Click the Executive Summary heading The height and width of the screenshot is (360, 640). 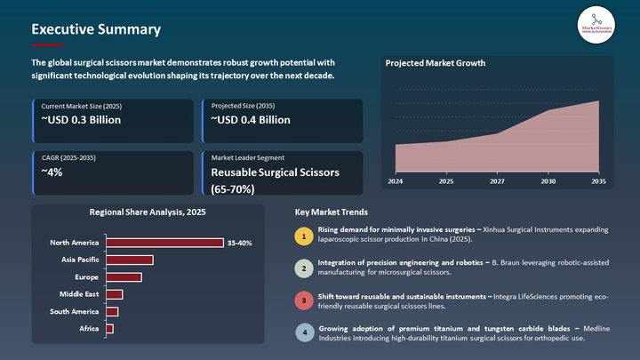[96, 29]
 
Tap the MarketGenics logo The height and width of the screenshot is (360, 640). [596, 22]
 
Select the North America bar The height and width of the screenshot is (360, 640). [164, 243]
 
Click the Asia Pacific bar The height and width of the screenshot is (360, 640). [129, 260]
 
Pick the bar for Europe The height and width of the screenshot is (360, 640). [124, 277]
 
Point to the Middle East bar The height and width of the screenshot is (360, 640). [114, 294]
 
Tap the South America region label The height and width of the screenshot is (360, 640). [74, 311]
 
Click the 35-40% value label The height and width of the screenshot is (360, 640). [240, 243]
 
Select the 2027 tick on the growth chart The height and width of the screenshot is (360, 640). [496, 181]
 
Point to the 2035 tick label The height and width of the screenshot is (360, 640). [598, 181]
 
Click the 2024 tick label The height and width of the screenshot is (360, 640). [395, 181]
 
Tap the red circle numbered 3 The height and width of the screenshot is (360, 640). [304, 300]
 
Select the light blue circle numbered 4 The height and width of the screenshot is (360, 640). [304, 332]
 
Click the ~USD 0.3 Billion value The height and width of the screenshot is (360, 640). [82, 120]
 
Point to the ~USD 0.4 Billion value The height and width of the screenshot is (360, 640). [251, 120]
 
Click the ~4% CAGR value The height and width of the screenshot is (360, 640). [52, 172]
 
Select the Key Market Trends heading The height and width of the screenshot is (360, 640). [331, 212]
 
